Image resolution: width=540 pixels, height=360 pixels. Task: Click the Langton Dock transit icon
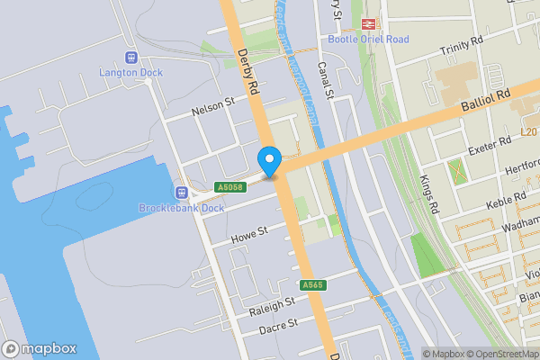[x=131, y=57]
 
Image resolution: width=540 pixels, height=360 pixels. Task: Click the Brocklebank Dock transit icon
[x=181, y=192]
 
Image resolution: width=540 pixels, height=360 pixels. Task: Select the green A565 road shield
[x=312, y=285]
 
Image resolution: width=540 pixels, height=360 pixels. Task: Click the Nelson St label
[x=212, y=107]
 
